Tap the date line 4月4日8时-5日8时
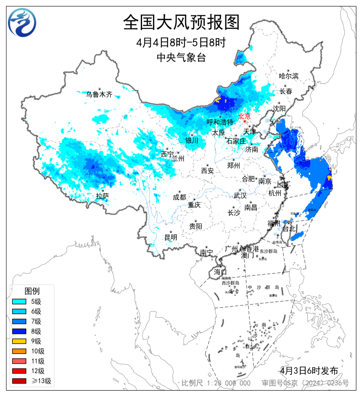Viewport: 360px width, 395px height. (181, 43)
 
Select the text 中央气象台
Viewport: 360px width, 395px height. (181, 57)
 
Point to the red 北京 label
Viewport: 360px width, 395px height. (244, 116)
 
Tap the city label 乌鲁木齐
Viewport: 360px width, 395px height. (99, 94)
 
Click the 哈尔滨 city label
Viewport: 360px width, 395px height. (289, 76)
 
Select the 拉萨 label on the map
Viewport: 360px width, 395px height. (102, 196)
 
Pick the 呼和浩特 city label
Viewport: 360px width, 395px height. (220, 122)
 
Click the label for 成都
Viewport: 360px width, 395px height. (179, 197)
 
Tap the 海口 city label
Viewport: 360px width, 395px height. (220, 272)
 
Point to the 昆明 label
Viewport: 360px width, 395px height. (171, 237)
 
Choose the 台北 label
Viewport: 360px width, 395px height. (289, 229)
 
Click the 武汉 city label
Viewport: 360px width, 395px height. (240, 195)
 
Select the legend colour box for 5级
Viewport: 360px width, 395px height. (21, 302)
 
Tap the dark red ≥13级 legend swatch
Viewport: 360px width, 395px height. (21, 381)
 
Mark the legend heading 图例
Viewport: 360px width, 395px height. (32, 291)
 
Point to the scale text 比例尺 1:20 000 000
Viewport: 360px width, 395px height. (216, 383)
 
